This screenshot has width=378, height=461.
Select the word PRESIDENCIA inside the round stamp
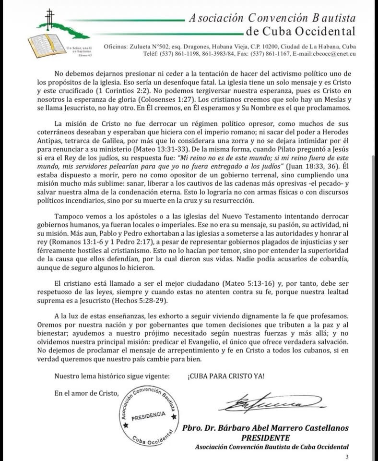click(x=149, y=415)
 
